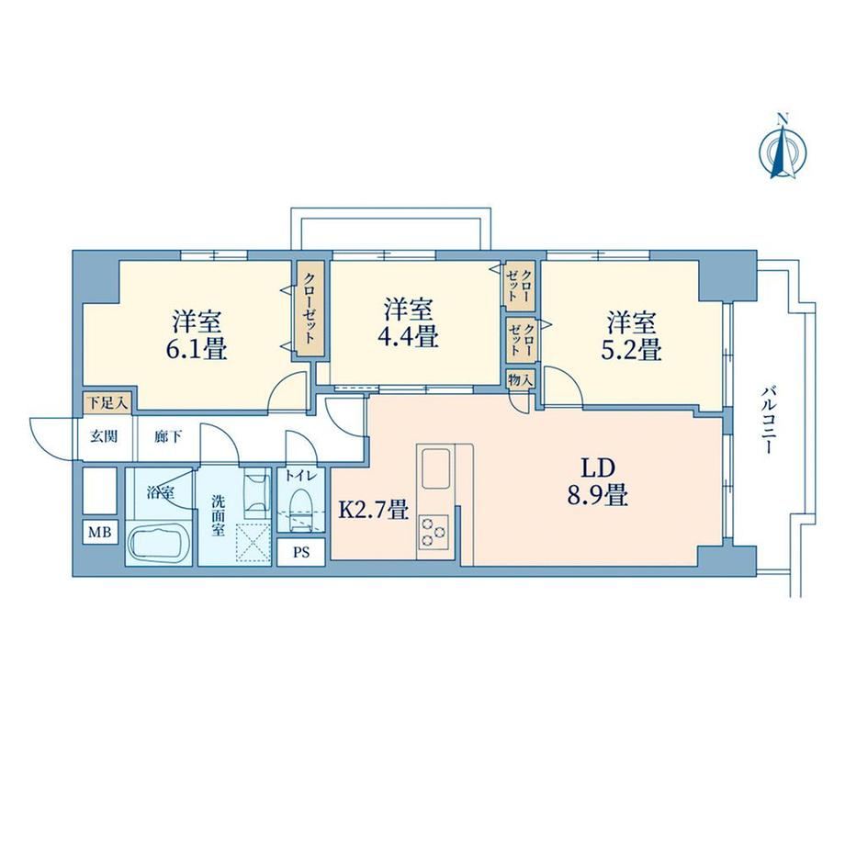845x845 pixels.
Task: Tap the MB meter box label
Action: tap(100, 533)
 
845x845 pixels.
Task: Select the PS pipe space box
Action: tap(301, 552)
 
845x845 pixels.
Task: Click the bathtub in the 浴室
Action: tap(159, 544)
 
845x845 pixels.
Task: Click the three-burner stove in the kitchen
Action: tap(434, 532)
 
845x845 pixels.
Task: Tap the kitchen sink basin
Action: tap(435, 468)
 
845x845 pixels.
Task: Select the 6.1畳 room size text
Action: tap(197, 349)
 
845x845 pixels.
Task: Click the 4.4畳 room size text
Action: tap(408, 337)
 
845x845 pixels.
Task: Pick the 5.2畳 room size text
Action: tap(631, 349)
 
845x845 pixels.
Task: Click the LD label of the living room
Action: tap(598, 468)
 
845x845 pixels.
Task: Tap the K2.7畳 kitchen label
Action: tap(372, 509)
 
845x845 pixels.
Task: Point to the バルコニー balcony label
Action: tap(769, 420)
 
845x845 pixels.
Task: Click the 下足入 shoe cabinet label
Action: tap(107, 402)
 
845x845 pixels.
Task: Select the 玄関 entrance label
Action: tap(104, 436)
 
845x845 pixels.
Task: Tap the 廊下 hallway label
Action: tap(168, 436)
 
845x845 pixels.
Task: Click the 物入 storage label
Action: tap(521, 380)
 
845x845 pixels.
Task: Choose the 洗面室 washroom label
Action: tap(218, 516)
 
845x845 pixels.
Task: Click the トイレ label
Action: tap(300, 476)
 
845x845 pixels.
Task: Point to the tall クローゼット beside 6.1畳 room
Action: tap(310, 310)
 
